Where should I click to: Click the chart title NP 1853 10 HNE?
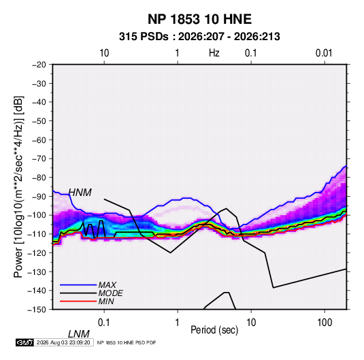pos(199,19)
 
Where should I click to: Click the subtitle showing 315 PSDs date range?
pos(199,37)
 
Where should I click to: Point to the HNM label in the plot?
pos(80,193)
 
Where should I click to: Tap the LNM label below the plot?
pos(79,334)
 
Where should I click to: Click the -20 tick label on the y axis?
pos(39,65)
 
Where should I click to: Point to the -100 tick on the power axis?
pos(37,215)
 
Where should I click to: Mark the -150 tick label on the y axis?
pos(37,310)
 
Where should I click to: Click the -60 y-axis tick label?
pos(39,140)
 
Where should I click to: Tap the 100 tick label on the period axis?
pos(325,323)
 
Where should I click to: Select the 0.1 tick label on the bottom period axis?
pos(104,323)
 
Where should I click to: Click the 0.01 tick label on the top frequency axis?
pos(324,53)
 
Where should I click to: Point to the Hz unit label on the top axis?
pos(214,53)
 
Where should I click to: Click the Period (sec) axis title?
pos(214,330)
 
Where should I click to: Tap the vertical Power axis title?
pos(19,186)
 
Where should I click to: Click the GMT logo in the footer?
pos(25,342)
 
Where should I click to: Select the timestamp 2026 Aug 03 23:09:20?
pos(63,342)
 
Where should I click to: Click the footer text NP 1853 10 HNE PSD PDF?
pos(127,342)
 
